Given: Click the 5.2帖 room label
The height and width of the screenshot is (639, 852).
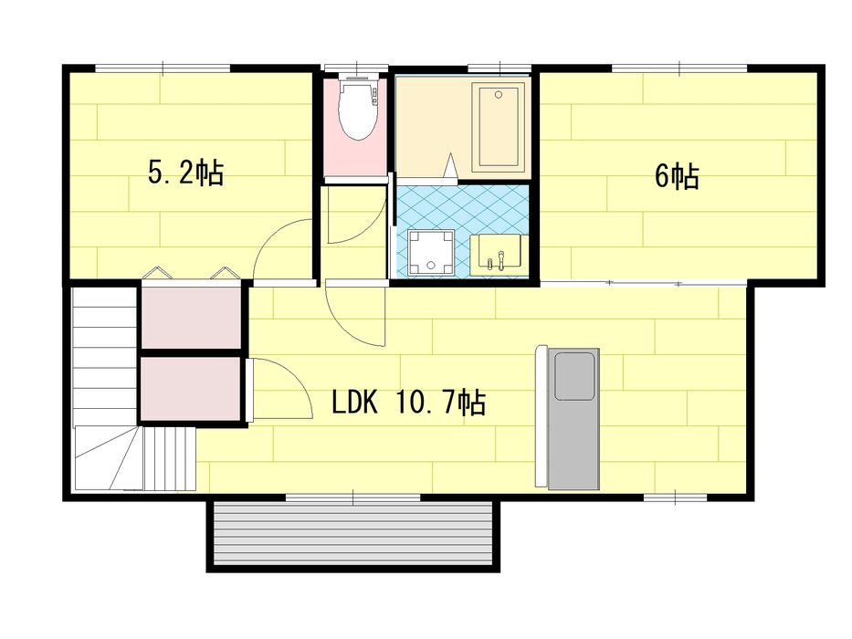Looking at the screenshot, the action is tap(185, 173).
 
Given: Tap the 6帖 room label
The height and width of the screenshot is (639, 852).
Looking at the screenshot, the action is tap(677, 175).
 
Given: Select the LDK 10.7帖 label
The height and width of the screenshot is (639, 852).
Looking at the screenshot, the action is tap(408, 403).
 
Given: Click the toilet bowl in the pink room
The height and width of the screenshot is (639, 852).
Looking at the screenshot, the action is tap(358, 109).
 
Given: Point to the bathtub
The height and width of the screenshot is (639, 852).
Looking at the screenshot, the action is tap(499, 126).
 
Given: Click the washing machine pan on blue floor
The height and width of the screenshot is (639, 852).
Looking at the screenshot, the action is tap(431, 252).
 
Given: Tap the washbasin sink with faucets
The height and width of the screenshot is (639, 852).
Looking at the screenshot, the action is tap(499, 253).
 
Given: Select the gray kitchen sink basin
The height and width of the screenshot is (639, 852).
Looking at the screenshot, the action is tap(573, 376).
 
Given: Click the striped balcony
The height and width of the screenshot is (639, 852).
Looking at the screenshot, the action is tap(353, 535).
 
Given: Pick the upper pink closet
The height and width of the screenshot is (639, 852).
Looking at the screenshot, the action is tap(191, 318).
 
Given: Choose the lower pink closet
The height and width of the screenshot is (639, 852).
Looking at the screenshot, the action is tap(191, 388).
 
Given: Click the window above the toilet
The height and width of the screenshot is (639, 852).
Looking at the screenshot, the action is tap(356, 68).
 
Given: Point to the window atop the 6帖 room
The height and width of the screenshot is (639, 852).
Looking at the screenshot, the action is tap(679, 68).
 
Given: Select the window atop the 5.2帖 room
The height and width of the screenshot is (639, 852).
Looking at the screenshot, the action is tap(163, 68).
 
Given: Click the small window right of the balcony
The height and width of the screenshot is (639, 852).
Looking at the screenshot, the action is tap(675, 498).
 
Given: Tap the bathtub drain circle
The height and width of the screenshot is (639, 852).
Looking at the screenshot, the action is tap(499, 95).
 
